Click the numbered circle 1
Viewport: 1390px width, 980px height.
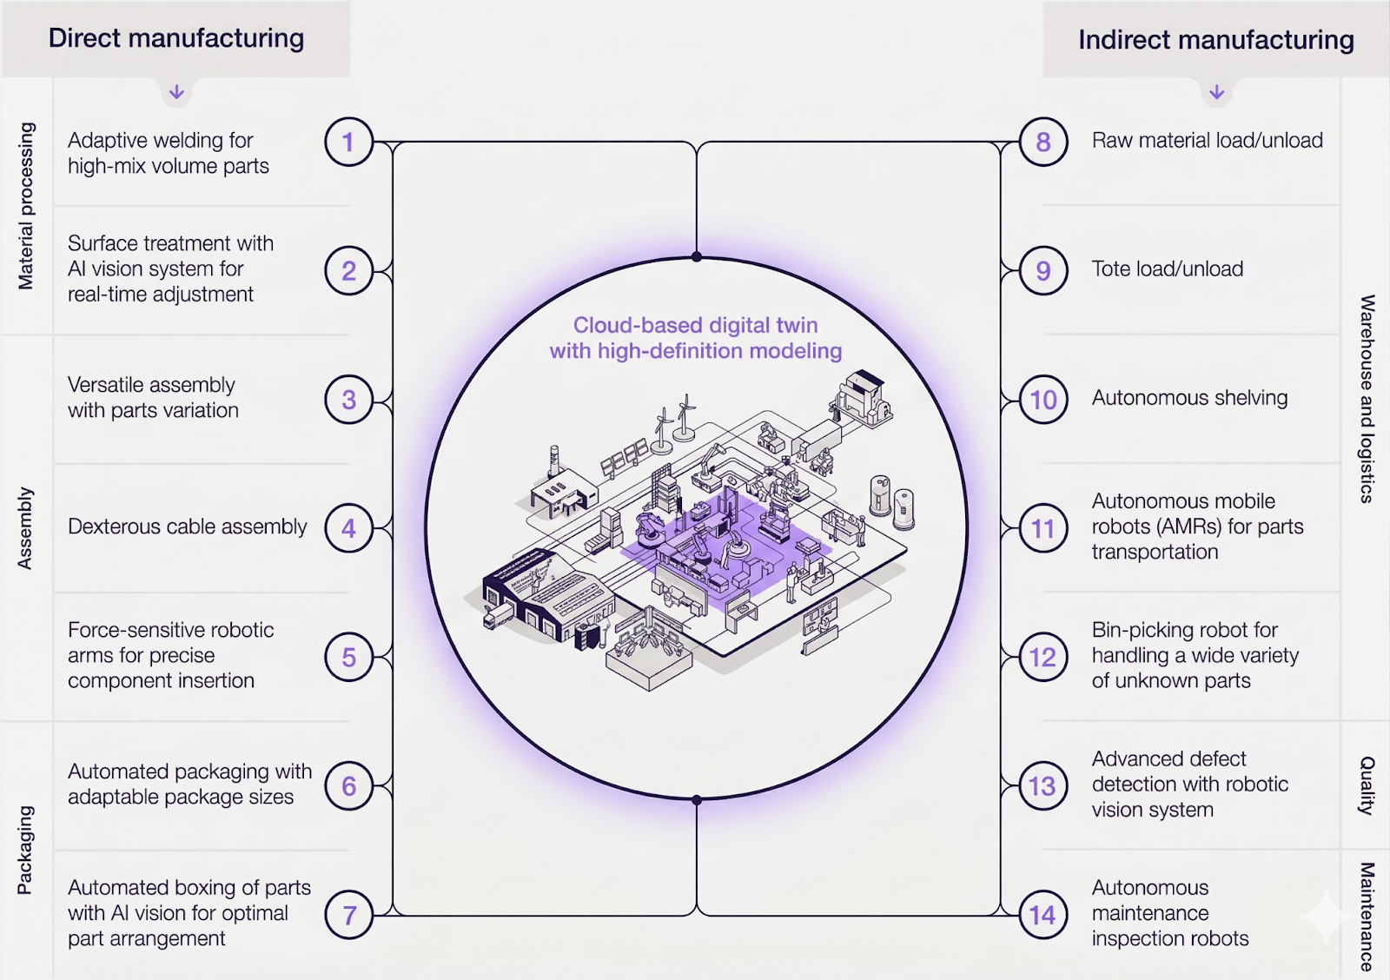348,142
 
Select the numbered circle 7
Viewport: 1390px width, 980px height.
348,915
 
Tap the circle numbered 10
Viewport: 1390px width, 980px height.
1042,400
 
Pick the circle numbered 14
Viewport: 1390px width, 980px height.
1042,915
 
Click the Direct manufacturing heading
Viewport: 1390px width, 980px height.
176,38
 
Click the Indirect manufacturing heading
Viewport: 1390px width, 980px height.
1215,40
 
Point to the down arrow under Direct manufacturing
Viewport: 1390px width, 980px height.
176,92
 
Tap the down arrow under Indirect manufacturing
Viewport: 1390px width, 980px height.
1216,92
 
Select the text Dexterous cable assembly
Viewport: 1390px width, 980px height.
188,526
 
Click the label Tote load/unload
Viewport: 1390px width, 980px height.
1167,269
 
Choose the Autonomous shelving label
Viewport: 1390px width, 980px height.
1189,398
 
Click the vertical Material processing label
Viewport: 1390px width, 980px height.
26,206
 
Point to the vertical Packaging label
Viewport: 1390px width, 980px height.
25,850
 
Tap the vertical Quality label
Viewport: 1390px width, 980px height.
1367,785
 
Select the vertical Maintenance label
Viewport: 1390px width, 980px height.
1367,916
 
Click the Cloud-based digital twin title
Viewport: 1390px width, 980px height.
695,338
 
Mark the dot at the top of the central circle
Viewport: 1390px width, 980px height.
697,256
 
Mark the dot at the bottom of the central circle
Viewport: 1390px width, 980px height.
697,799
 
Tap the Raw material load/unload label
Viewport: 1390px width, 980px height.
1207,141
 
